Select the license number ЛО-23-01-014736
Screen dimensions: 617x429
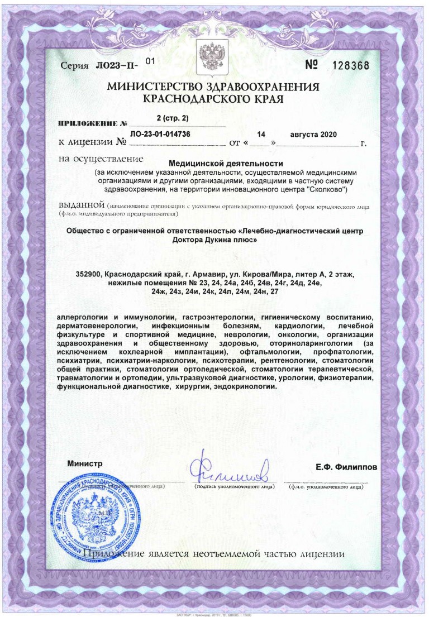(x=160, y=135)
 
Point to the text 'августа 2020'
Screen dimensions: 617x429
(x=314, y=135)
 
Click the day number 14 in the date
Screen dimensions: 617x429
(x=261, y=135)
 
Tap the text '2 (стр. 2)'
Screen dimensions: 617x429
(x=173, y=118)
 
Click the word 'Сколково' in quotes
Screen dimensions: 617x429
(x=330, y=190)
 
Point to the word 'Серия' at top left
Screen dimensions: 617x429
(x=74, y=66)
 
